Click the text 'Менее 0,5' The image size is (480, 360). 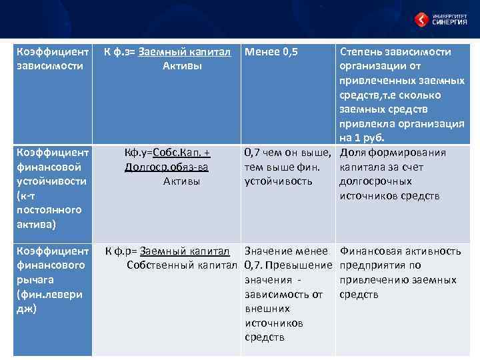tap(271, 52)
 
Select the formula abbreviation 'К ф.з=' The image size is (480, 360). tap(120, 52)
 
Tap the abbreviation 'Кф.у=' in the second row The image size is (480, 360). tap(137, 153)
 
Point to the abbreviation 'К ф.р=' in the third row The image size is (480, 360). tap(120, 251)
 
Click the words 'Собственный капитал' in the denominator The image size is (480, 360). tap(181, 266)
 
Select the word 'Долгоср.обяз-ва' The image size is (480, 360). tap(167, 167)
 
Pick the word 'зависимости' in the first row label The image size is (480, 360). tap(49, 66)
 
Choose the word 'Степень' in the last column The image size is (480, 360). tap(361, 52)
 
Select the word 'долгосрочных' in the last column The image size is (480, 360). tap(375, 181)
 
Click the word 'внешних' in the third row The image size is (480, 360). tap(267, 309)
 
